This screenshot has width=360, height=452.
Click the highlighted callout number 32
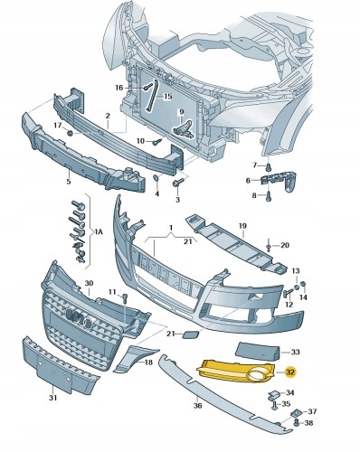point(290,372)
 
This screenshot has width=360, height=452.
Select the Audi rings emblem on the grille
point(79,318)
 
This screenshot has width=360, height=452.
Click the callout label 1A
point(99,232)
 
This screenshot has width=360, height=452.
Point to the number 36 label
point(197,406)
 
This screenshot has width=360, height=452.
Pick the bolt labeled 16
point(146,88)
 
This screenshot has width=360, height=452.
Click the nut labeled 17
point(70,133)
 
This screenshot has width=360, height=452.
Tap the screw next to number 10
point(157,141)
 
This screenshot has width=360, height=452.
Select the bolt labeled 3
point(178,182)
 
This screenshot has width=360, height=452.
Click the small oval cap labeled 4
point(156,177)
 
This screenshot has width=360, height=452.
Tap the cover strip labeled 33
point(257,352)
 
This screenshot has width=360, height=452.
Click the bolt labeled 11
point(126,298)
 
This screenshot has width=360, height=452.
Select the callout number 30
point(89,283)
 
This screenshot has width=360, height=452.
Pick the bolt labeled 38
point(297,423)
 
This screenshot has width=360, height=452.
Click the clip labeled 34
point(273,395)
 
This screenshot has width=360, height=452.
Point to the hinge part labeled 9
point(184,129)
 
